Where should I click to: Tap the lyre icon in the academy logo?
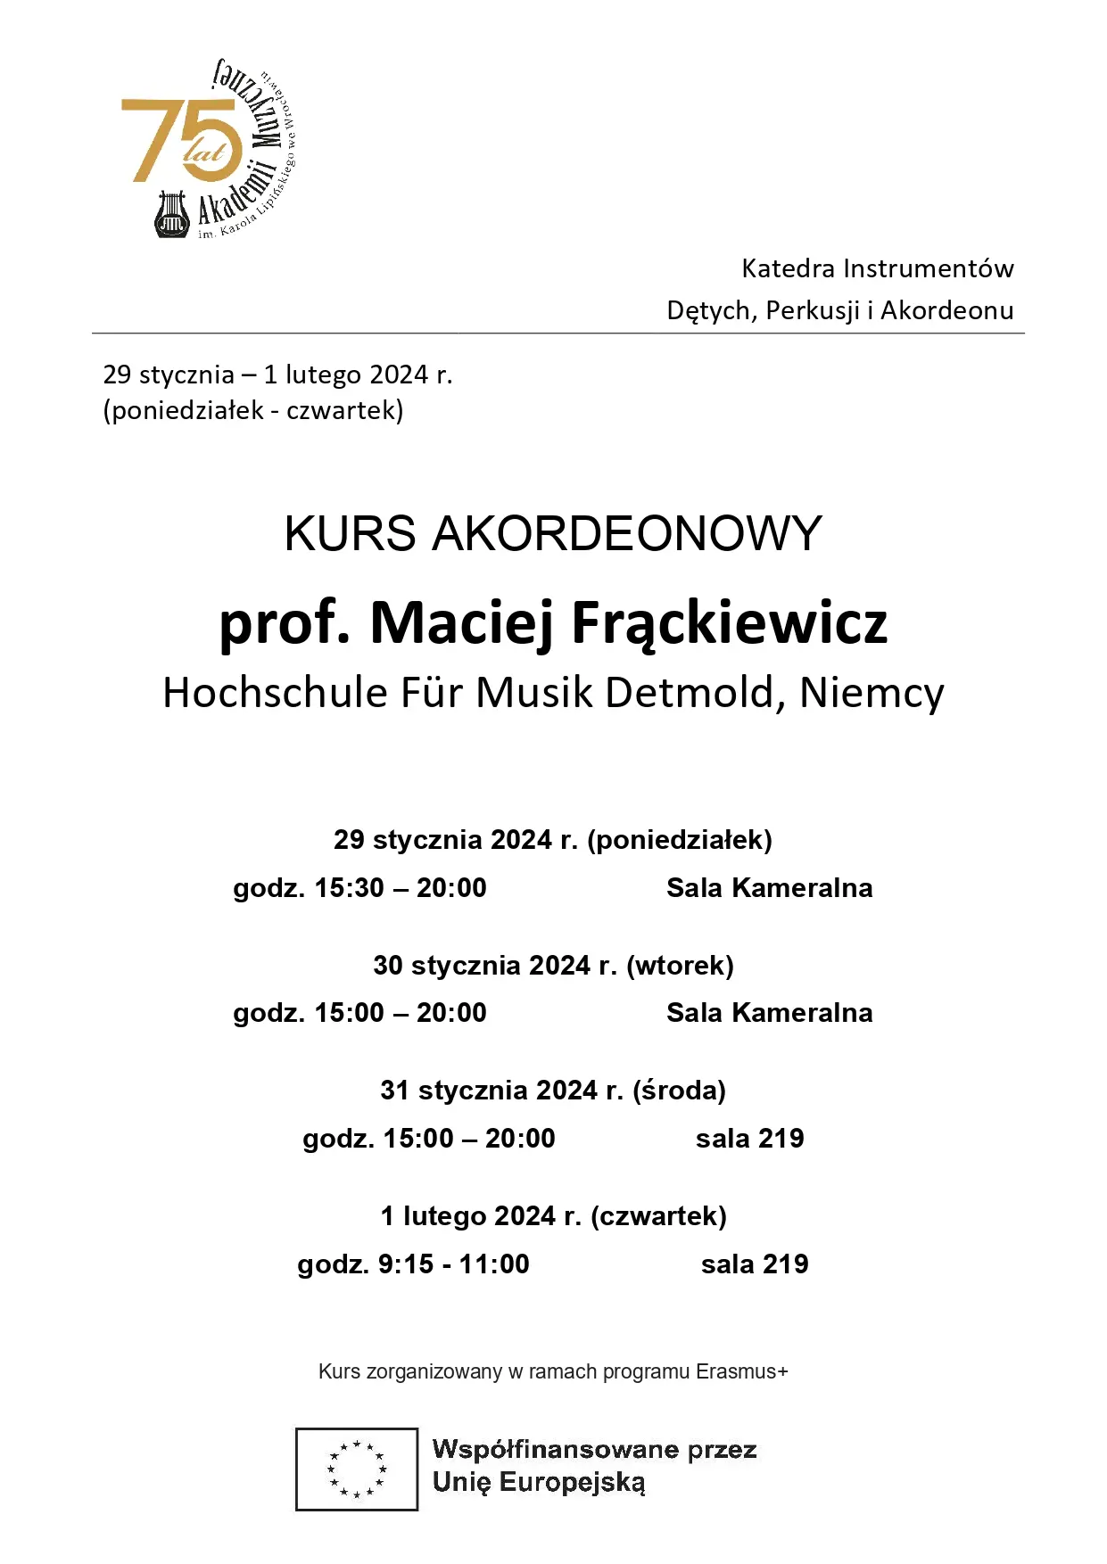170,214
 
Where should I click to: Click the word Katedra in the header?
788,268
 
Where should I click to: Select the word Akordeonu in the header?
946,310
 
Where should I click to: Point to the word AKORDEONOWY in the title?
626,533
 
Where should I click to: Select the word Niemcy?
871,693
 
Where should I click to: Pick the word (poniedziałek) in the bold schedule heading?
680,840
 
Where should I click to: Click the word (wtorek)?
680,966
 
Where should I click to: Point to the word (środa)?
679,1091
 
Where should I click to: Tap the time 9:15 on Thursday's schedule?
406,1264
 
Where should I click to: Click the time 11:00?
494,1264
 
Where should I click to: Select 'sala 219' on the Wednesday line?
749,1139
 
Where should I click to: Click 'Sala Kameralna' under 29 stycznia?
769,888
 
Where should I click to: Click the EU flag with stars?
357,1469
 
